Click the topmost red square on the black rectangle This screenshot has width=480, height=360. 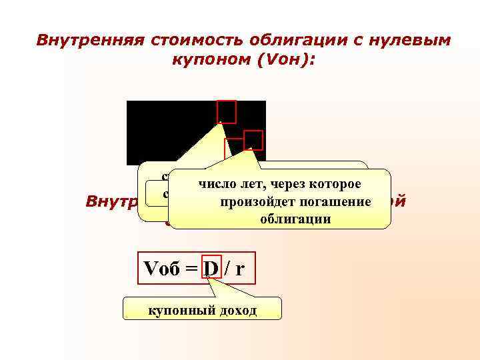[x=227, y=111]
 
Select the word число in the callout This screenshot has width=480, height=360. [x=213, y=183]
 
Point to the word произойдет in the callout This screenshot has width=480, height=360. [x=247, y=201]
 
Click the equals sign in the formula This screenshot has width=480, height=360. [x=192, y=269]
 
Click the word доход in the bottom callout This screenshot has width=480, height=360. [x=237, y=311]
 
